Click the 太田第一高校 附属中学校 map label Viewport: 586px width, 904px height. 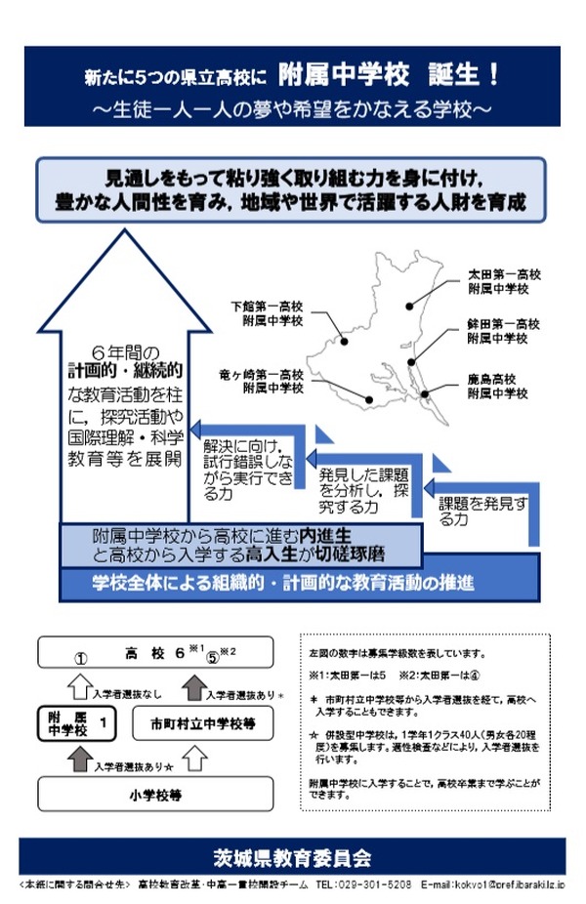pos(498,282)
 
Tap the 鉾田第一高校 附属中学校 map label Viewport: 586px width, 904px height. pos(498,331)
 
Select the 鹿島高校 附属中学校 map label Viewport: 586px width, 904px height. pos(498,387)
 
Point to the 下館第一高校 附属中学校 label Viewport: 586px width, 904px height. pos(273,311)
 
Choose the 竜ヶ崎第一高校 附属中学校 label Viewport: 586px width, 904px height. pos(262,381)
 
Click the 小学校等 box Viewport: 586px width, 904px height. pos(155,794)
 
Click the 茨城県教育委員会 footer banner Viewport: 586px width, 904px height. pos(293,857)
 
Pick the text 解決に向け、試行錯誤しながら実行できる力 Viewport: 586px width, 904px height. pos(246,468)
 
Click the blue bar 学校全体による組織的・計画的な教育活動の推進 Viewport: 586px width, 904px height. pos(283,584)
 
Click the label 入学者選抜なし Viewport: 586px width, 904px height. pos(122,694)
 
